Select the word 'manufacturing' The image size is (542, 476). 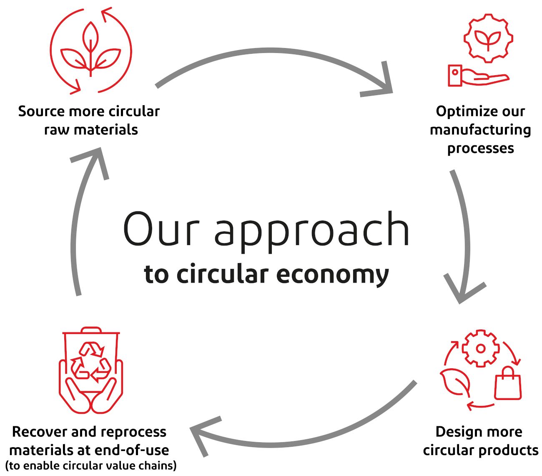(x=480, y=130)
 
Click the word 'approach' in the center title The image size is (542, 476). (x=312, y=230)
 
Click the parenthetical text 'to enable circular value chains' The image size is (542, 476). (x=91, y=465)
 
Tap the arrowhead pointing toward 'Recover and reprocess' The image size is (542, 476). (x=200, y=434)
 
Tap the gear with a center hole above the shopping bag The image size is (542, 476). (x=481, y=349)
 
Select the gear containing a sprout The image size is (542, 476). (x=488, y=38)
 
